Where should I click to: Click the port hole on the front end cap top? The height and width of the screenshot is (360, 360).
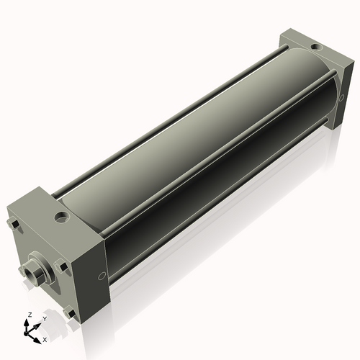coord(63,215)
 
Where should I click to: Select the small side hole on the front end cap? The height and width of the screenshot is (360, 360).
coord(100,276)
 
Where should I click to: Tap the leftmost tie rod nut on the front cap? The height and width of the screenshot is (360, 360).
coord(14,228)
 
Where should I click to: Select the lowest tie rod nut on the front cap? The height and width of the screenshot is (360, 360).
coord(69,312)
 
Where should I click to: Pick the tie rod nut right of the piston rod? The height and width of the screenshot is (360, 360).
coord(63,266)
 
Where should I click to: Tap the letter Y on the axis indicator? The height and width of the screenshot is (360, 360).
coord(45,318)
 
